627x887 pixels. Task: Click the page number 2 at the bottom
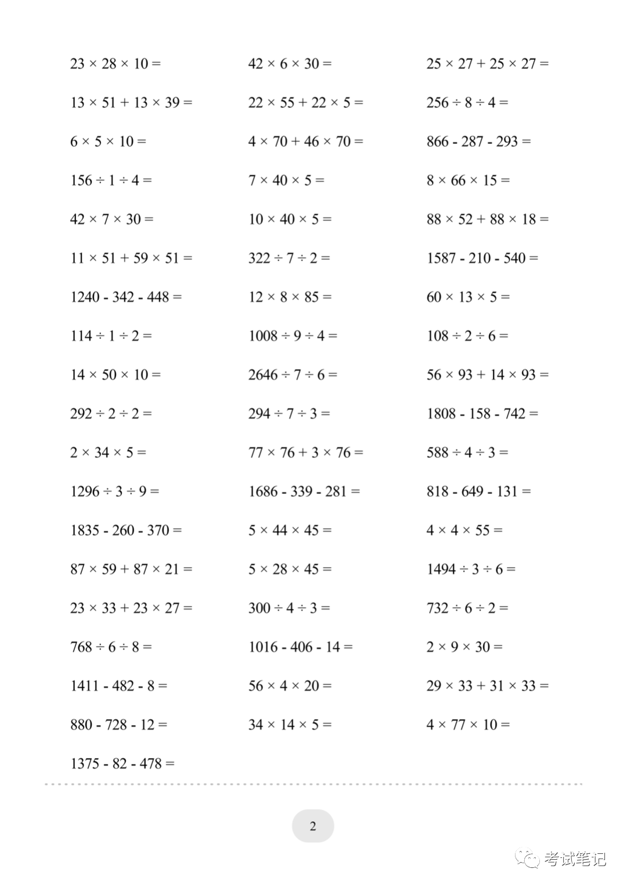[x=313, y=826]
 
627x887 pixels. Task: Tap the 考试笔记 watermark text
[x=575, y=859]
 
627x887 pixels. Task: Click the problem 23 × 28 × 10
[x=116, y=64]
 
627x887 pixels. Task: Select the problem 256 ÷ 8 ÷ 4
[x=467, y=103]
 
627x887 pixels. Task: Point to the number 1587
[x=441, y=258]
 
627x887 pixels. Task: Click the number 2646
[x=263, y=375]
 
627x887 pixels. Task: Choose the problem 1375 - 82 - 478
[x=122, y=764]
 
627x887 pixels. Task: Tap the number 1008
[x=263, y=336]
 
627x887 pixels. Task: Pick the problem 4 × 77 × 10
[x=468, y=725]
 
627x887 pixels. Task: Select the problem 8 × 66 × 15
[x=468, y=181]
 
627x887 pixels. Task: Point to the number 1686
[x=263, y=492]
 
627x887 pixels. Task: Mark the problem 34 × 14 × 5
[x=290, y=725]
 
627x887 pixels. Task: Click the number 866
[x=438, y=142]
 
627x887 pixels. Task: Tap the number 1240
[x=85, y=297]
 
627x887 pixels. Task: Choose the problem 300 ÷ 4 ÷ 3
[x=289, y=608]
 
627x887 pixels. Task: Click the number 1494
[x=441, y=569]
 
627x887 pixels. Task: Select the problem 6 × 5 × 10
[x=108, y=142]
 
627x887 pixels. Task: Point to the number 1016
[x=263, y=647]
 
